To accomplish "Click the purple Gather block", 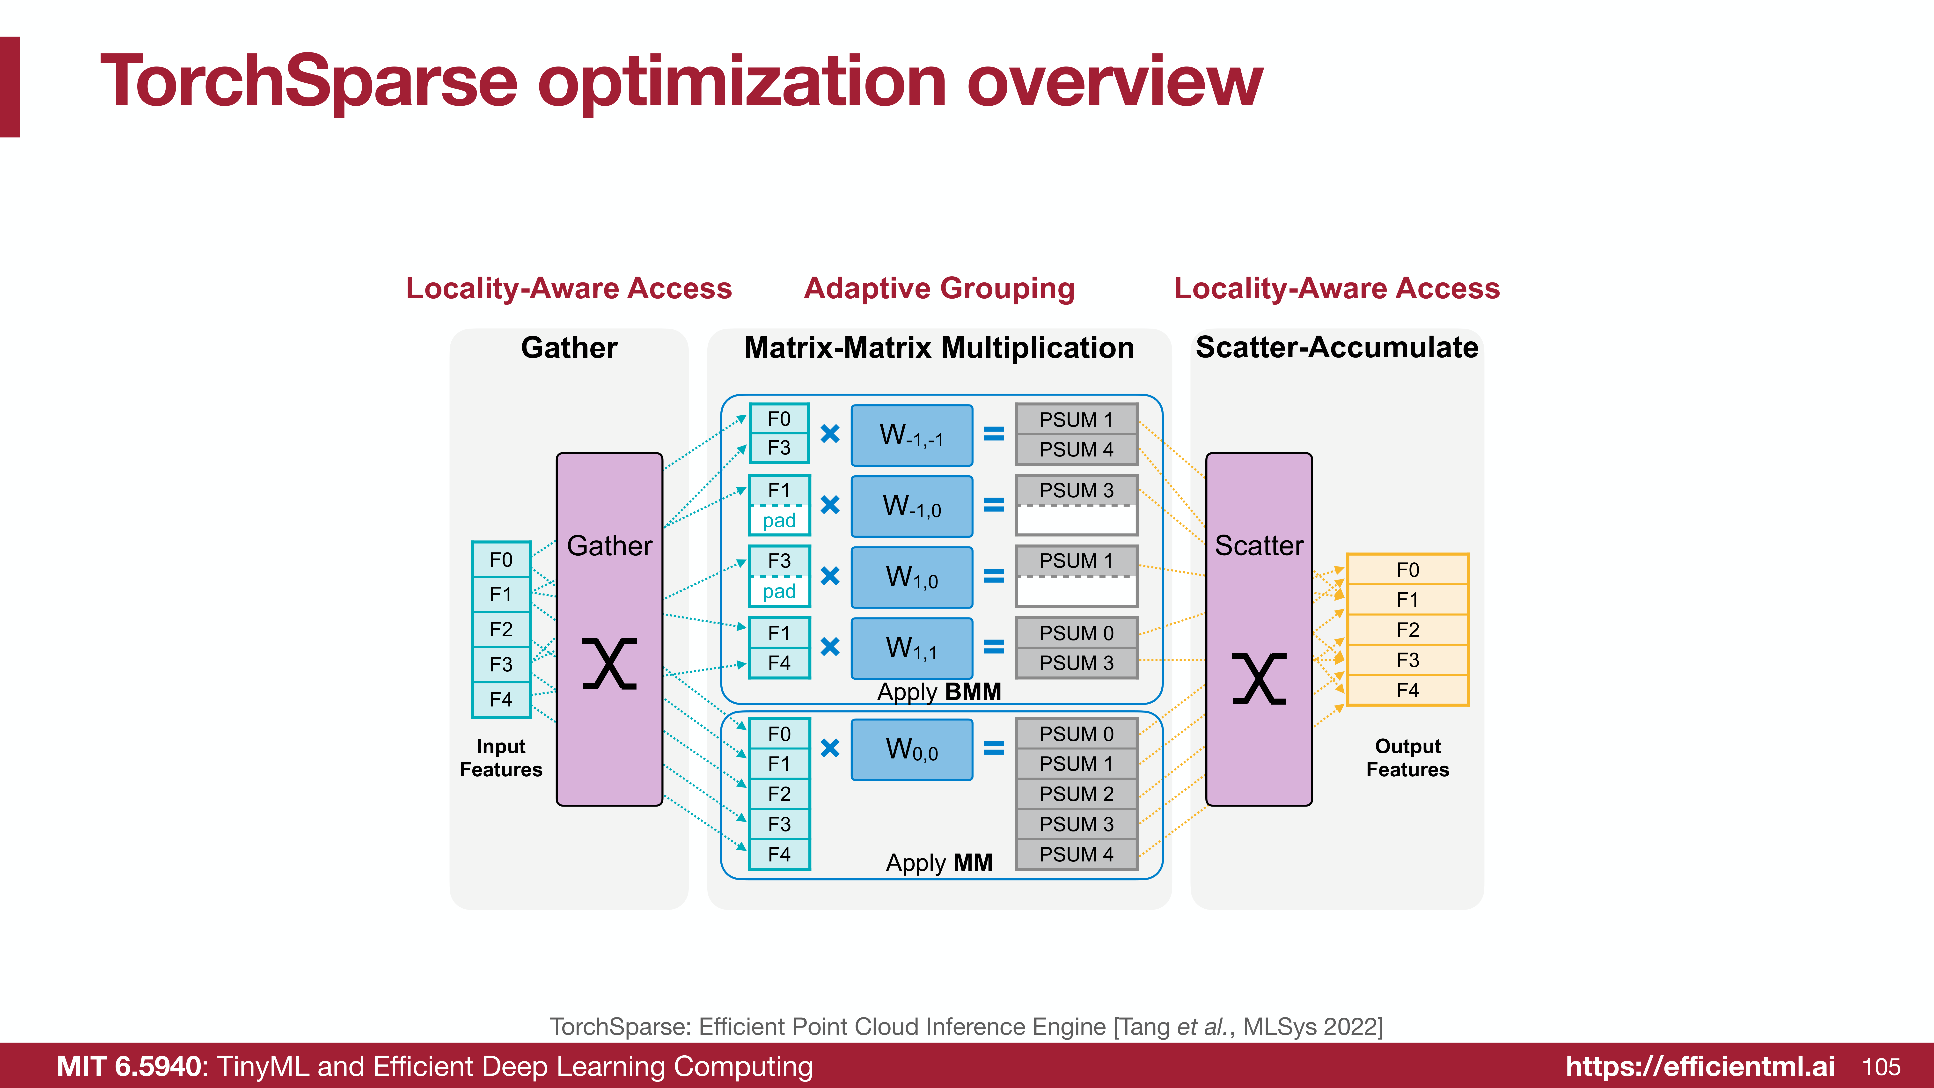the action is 609,629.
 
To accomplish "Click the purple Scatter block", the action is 1259,629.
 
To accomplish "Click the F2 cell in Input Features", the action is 501,629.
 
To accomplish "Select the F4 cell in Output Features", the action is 1408,690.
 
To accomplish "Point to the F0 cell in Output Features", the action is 1408,570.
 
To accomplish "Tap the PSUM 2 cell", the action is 1076,794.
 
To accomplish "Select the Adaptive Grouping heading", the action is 939,288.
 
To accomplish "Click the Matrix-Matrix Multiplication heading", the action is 939,348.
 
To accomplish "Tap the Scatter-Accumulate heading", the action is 1337,348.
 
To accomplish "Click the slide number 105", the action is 1882,1067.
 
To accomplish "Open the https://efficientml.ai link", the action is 1700,1067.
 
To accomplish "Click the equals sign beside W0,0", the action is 994,748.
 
